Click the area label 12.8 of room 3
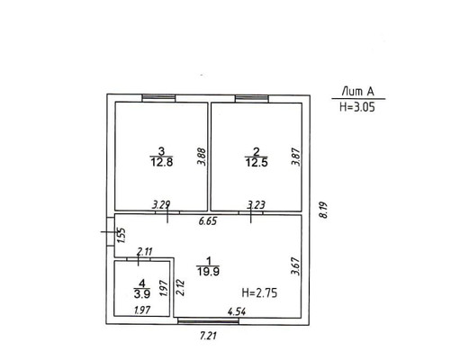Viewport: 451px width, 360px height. pyautogui.click(x=162, y=163)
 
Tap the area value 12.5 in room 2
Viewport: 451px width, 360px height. pyautogui.click(x=257, y=163)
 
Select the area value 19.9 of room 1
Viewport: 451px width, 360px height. pyautogui.click(x=208, y=272)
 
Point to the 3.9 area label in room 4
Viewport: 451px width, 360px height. pyautogui.click(x=142, y=294)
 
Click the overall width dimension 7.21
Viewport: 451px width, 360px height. pyautogui.click(x=208, y=335)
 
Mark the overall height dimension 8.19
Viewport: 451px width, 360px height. pyautogui.click(x=324, y=211)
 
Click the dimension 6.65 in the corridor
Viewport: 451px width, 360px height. pyautogui.click(x=208, y=221)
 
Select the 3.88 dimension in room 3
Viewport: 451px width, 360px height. pyautogui.click(x=202, y=157)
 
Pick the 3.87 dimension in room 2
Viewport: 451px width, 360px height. pyautogui.click(x=296, y=157)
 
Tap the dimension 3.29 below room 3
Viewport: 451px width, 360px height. pyautogui.click(x=161, y=205)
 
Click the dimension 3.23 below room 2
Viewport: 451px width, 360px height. pyautogui.click(x=256, y=205)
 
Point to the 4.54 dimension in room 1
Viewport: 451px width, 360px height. pyautogui.click(x=237, y=311)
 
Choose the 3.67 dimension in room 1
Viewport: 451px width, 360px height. pyautogui.click(x=296, y=266)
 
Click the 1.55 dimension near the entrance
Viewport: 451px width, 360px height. pyautogui.click(x=121, y=236)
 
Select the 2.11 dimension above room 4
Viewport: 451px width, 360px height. pyautogui.click(x=145, y=251)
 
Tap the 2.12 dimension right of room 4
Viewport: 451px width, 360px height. pyautogui.click(x=181, y=288)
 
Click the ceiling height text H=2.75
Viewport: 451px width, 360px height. pyautogui.click(x=259, y=292)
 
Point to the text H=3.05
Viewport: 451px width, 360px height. pyautogui.click(x=357, y=107)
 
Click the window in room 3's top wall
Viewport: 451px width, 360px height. pyautogui.click(x=158, y=98)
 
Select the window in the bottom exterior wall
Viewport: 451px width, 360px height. pyautogui.click(x=209, y=321)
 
